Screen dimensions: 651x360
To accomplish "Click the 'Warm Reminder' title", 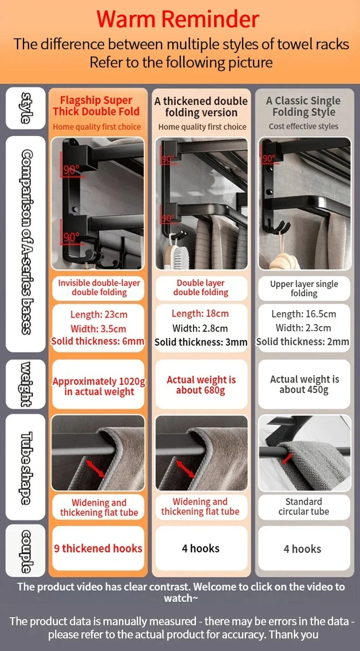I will [178, 20].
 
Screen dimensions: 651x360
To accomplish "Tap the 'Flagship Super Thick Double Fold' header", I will [96, 106].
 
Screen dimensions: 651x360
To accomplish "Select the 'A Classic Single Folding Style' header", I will [303, 106].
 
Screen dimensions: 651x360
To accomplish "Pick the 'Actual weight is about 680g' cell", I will [201, 385].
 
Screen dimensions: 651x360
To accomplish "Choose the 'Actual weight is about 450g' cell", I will [304, 384].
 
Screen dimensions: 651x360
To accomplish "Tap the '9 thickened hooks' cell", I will [98, 548].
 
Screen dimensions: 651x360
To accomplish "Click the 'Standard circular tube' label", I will [303, 507].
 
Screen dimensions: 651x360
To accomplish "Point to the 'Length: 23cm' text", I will [99, 314].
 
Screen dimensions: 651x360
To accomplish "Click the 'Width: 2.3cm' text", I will [303, 328].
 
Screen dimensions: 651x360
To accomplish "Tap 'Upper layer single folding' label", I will [304, 288].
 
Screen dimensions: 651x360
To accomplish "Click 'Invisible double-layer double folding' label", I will [99, 287].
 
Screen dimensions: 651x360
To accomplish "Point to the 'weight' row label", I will [26, 384].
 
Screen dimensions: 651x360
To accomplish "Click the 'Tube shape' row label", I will [26, 466].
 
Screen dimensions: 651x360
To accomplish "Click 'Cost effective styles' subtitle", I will [303, 126].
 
